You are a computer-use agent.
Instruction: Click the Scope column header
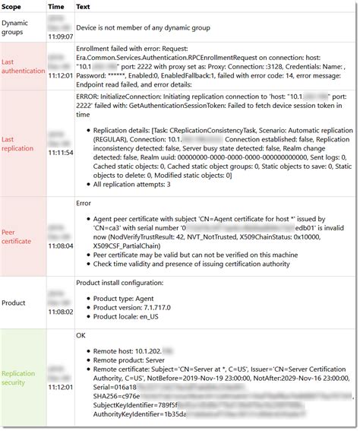click(x=14, y=6)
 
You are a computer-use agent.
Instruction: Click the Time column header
click(x=56, y=6)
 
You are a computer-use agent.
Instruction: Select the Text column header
click(x=84, y=6)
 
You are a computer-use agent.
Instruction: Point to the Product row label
click(x=14, y=303)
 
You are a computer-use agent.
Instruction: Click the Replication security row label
click(x=18, y=379)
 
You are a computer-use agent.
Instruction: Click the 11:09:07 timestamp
click(x=59, y=36)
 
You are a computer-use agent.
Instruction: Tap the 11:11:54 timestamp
click(x=59, y=152)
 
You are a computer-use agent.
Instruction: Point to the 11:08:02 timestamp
click(x=59, y=311)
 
